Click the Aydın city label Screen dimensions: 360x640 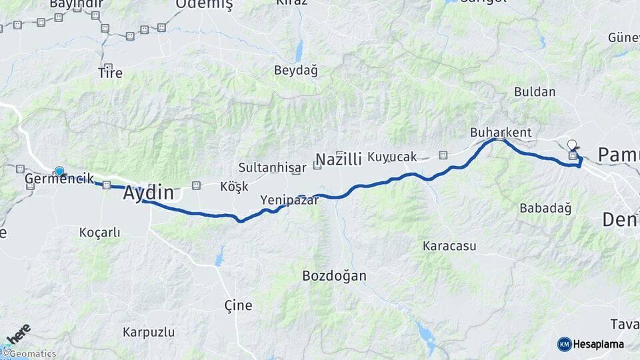coord(149,193)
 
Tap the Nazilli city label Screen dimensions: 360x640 coord(338,159)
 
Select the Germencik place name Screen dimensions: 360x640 coord(59,179)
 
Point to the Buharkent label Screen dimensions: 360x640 coord(501,132)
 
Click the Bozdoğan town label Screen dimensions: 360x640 coord(334,275)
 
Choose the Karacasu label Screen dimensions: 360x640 coord(449,245)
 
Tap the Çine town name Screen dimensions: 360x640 coord(238,305)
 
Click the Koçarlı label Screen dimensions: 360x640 coord(99,232)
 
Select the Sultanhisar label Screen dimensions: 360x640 coord(272,167)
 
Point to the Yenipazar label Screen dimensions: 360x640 coord(289,199)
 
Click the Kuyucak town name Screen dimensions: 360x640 coord(392,157)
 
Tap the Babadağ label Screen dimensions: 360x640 coord(545,208)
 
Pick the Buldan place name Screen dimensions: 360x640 coord(535,92)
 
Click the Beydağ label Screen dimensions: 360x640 coord(296,70)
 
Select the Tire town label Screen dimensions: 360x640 coord(110,72)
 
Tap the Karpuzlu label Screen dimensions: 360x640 coord(149,332)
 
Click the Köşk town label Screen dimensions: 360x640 coord(234,187)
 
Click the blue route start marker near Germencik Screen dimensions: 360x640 coord(59,171)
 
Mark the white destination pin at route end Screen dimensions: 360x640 coord(571,144)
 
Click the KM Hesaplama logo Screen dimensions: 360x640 coord(591,344)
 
